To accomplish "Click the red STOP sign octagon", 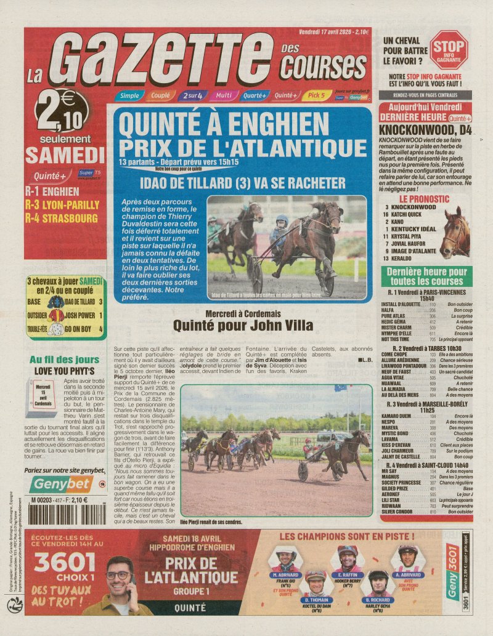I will (x=449, y=49).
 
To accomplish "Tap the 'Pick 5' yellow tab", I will (x=317, y=95).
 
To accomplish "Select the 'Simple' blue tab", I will (x=129, y=95).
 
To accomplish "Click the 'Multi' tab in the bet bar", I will (x=223, y=95).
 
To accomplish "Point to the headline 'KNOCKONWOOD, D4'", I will (x=425, y=131).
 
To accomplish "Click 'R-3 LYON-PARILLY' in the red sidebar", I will (x=62, y=205).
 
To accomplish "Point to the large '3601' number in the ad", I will (x=65, y=562).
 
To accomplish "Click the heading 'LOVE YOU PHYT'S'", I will (x=64, y=371).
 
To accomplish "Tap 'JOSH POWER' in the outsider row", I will (x=79, y=315).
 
